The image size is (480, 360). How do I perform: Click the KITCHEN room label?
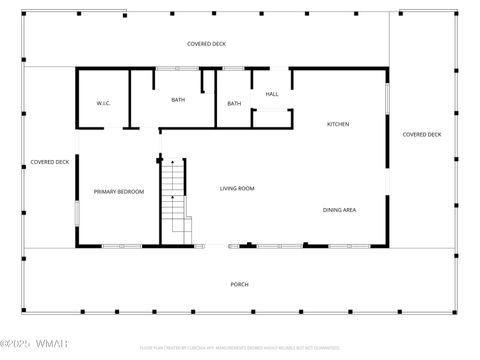338,124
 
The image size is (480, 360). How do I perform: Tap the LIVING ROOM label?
237,188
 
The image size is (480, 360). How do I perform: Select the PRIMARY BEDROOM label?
119,191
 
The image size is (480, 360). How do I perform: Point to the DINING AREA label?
339,210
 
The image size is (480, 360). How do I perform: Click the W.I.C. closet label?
103,103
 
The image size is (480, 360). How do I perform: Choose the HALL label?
271,94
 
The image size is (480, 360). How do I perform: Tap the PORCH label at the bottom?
239,284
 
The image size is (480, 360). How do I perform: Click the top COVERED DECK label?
206,44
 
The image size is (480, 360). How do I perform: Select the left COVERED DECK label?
49,162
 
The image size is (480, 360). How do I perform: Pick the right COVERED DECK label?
421,134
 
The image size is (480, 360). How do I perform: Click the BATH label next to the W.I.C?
178,100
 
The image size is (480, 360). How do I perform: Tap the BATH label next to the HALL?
234,104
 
